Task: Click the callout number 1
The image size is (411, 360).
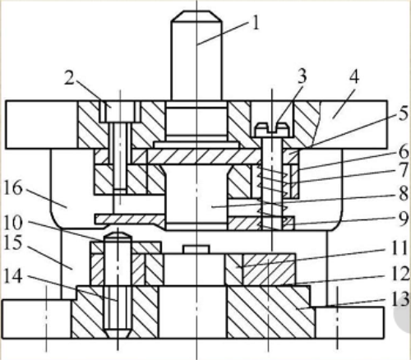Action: click(255, 22)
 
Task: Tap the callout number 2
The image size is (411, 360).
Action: click(69, 77)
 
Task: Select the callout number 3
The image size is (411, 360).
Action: click(302, 76)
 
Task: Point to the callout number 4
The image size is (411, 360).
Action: click(353, 76)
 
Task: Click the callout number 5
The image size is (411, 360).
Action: click(404, 113)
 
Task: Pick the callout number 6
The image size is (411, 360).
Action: click(404, 151)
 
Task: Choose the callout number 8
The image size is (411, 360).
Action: click(404, 193)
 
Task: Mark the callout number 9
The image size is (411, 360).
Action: click(404, 219)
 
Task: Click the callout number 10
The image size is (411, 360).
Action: click(12, 223)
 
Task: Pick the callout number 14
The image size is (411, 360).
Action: click(12, 276)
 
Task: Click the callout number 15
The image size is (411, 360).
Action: click(12, 242)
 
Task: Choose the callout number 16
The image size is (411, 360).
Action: click(12, 188)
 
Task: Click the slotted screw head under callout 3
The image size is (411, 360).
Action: click(272, 130)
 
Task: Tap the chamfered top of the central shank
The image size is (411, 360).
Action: click(196, 16)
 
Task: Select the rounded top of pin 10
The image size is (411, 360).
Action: click(118, 235)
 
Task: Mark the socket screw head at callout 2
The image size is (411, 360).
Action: click(117, 112)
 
